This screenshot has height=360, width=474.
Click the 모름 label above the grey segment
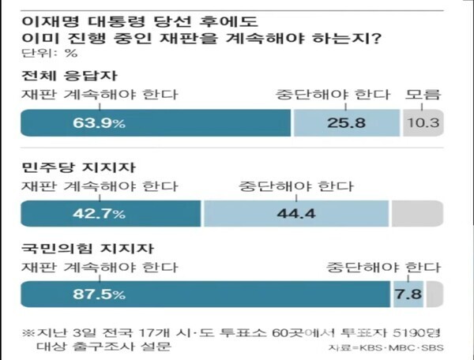tap(423, 96)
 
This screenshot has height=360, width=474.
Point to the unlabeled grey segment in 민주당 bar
tap(416, 214)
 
